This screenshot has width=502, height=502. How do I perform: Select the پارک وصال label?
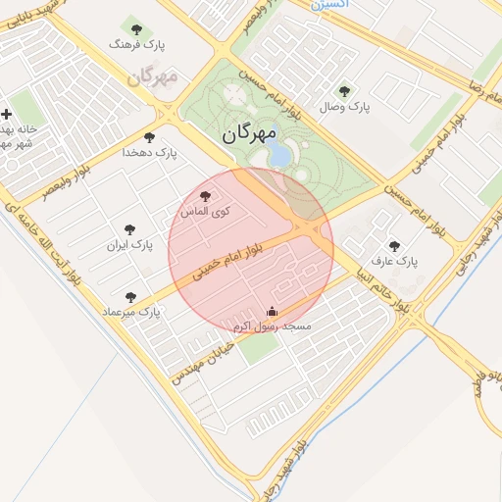pos(344,107)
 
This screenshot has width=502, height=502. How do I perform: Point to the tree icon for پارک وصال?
pos(344,91)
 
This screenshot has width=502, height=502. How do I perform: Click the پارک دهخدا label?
pos(148,153)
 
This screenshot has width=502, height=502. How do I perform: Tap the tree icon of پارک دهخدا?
pos(149,137)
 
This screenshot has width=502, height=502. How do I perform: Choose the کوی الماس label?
pos(206,212)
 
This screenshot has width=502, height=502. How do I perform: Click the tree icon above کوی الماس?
pos(205,196)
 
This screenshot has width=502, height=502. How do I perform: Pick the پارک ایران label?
pos(130,244)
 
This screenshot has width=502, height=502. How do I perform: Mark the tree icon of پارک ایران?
pos(128,228)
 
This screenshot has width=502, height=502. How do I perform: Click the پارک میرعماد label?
pos(129,312)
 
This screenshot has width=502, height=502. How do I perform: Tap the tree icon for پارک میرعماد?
pos(130,296)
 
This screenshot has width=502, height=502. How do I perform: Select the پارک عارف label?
pos(394,262)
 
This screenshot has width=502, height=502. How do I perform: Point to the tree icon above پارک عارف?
pos(394,246)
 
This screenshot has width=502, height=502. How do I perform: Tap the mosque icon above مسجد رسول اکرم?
pos(272,312)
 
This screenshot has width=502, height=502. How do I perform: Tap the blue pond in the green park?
pos(279,155)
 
